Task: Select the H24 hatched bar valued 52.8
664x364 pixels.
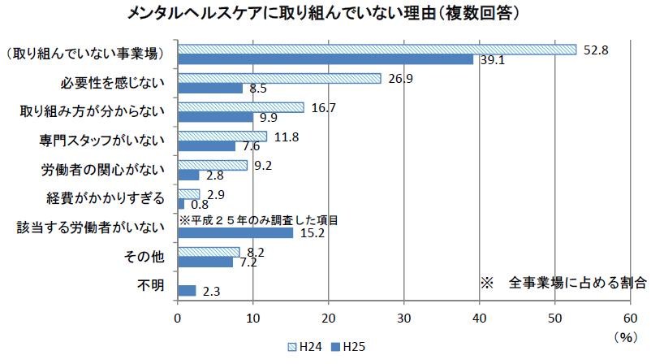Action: [x=377, y=50]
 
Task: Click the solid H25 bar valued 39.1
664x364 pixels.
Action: [x=325, y=59]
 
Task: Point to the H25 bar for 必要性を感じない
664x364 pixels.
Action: [x=209, y=88]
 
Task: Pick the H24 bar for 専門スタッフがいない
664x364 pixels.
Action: [x=222, y=136]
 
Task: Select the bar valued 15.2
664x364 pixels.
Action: [x=235, y=233]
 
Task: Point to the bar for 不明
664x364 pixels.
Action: [x=187, y=290]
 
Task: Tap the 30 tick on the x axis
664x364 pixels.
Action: [x=404, y=318]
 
